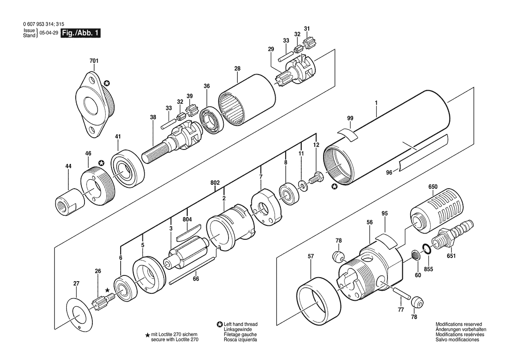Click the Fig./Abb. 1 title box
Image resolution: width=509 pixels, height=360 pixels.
point(81,33)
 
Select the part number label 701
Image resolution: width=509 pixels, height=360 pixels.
point(94,61)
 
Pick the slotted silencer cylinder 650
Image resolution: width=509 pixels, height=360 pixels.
point(437,213)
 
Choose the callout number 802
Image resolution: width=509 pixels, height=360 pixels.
point(215,183)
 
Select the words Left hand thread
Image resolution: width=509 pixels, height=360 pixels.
point(240,324)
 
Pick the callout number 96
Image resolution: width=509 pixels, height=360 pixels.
point(389,173)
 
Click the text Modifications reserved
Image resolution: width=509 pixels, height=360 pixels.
point(458,324)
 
